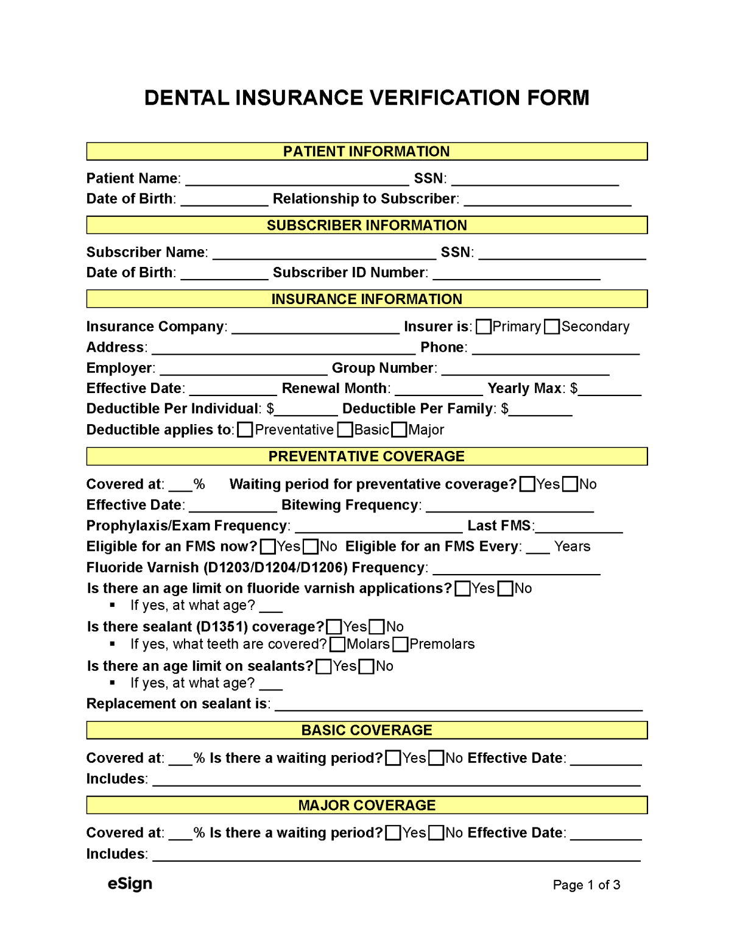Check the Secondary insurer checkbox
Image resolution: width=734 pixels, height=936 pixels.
(552, 327)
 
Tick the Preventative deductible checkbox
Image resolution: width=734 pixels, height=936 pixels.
(245, 430)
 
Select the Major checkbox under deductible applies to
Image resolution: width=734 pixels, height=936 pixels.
(399, 430)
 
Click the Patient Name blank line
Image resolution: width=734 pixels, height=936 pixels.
(297, 180)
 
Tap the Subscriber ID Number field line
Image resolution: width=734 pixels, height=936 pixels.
(516, 274)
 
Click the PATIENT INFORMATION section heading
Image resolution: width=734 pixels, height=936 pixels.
(366, 151)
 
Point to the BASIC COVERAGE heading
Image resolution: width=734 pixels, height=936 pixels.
(366, 730)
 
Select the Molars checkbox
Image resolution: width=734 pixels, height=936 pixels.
(337, 644)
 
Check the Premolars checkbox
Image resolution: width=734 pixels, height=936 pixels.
(400, 644)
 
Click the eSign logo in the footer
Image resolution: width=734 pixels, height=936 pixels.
(130, 884)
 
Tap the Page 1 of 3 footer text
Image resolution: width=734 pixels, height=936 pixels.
(586, 885)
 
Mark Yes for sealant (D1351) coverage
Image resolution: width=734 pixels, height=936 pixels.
(334, 626)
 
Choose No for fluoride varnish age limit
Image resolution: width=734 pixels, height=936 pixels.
(505, 588)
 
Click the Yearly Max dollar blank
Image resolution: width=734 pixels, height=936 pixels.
(609, 390)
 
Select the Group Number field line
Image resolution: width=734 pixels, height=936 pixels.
(525, 370)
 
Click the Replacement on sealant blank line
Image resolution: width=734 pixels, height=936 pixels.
(459, 705)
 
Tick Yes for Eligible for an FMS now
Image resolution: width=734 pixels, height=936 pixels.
(267, 547)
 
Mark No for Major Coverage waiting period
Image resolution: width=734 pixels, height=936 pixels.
(436, 833)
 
